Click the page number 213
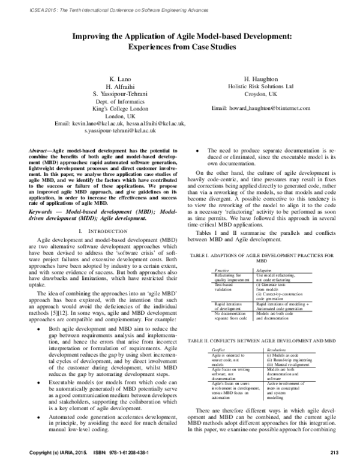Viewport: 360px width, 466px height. click(x=335, y=451)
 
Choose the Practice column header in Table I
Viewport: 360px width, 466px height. click(x=206, y=271)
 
